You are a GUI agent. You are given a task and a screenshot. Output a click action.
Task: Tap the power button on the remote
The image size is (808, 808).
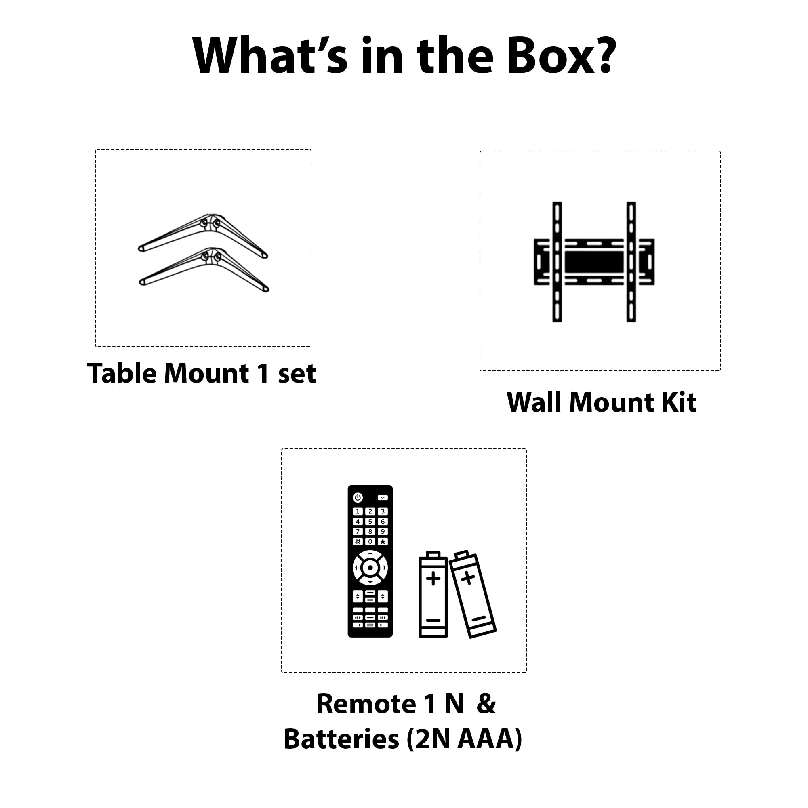click(358, 498)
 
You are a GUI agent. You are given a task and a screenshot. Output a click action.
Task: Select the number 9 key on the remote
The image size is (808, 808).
click(382, 532)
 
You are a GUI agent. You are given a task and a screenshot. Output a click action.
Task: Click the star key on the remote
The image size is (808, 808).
click(382, 542)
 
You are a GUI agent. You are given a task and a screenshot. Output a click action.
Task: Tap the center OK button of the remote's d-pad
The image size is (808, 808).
click(370, 568)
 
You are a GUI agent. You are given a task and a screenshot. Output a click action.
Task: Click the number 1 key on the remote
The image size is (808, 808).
click(358, 511)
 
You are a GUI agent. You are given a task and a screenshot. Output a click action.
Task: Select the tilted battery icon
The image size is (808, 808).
click(473, 594)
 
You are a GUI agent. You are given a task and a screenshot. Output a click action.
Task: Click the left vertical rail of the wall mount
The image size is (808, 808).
click(557, 262)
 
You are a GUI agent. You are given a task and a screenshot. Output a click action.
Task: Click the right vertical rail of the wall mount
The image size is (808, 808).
click(631, 262)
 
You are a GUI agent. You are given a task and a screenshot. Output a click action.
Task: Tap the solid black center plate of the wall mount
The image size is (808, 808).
click(594, 262)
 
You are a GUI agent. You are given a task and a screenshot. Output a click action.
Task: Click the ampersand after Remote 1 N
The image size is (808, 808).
click(486, 704)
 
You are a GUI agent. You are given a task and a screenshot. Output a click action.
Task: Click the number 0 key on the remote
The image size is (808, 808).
click(370, 542)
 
